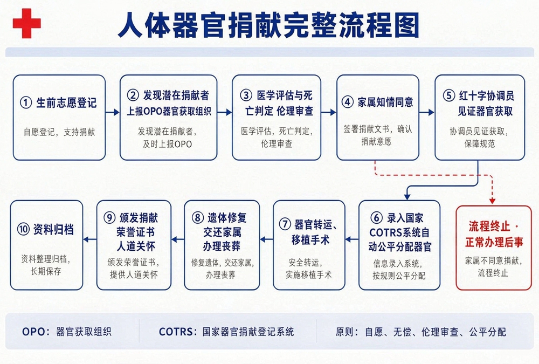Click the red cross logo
point(27,23)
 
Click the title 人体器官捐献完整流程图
point(268,25)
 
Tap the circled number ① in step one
point(26,102)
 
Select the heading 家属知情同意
point(385,102)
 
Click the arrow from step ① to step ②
point(113,113)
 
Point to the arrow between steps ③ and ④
point(328,112)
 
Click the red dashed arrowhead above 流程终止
point(492,200)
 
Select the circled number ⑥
point(376,218)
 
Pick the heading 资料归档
point(53,230)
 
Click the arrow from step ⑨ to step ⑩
point(89,239)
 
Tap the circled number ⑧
point(198,218)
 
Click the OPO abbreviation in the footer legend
point(33,332)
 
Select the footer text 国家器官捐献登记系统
point(248,332)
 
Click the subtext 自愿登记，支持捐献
point(59,132)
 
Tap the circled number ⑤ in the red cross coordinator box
point(448,95)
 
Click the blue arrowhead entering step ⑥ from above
point(407,197)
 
